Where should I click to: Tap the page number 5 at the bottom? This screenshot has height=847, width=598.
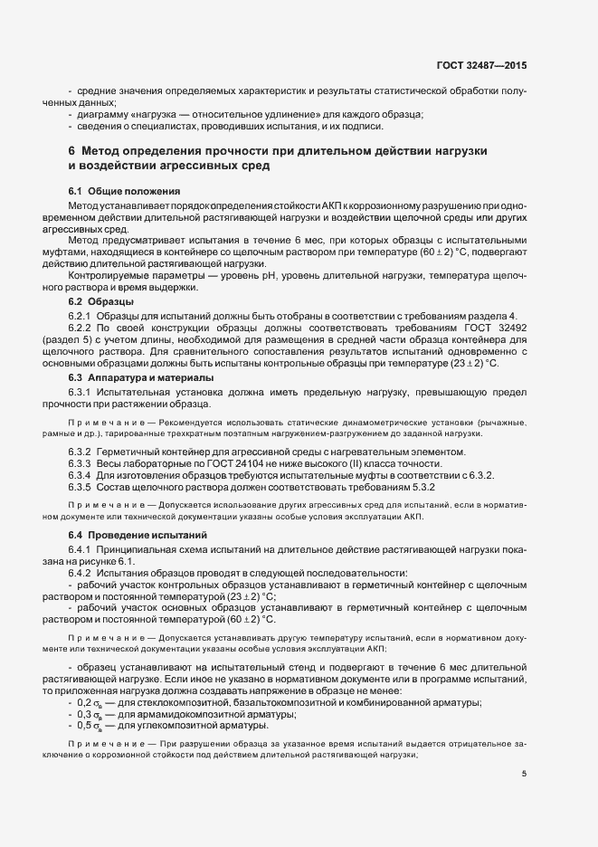coord(524,773)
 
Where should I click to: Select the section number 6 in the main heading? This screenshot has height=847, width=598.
coord(71,149)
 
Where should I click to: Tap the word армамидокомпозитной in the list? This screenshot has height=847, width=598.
coord(185,689)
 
